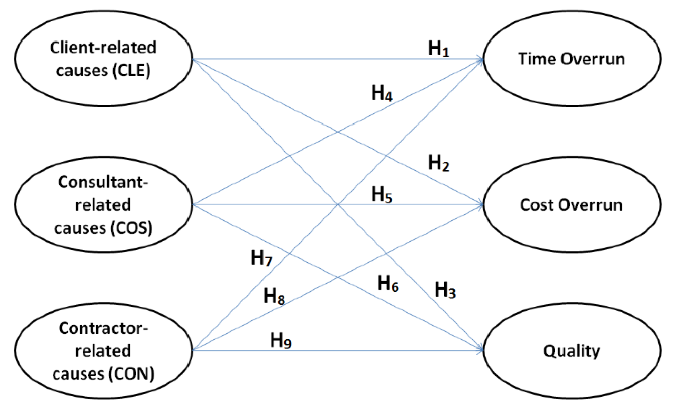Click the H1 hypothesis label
click(x=438, y=49)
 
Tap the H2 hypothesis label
click(x=438, y=163)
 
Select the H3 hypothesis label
click(x=445, y=289)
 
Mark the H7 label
click(x=261, y=258)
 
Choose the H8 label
click(x=274, y=296)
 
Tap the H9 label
click(x=280, y=340)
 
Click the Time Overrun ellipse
click(x=572, y=59)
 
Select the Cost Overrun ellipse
click(x=572, y=205)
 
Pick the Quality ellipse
click(x=572, y=351)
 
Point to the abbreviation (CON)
click(x=132, y=374)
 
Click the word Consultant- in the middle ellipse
click(x=103, y=182)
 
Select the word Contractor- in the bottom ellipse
click(x=103, y=328)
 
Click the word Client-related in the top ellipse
click(x=103, y=48)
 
